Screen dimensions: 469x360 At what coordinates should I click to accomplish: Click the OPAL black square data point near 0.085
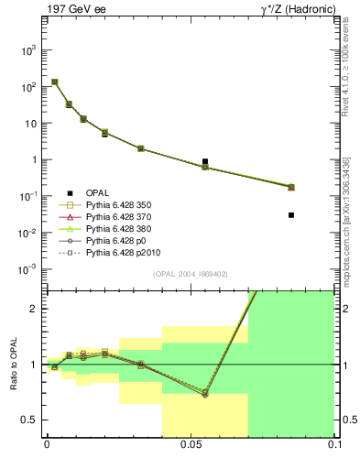click(x=291, y=215)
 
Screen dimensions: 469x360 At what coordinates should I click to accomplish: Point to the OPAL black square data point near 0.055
click(x=205, y=161)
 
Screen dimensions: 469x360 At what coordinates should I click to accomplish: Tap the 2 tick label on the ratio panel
click(x=35, y=309)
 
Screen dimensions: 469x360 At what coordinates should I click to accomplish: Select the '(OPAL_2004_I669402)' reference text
click(x=190, y=274)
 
